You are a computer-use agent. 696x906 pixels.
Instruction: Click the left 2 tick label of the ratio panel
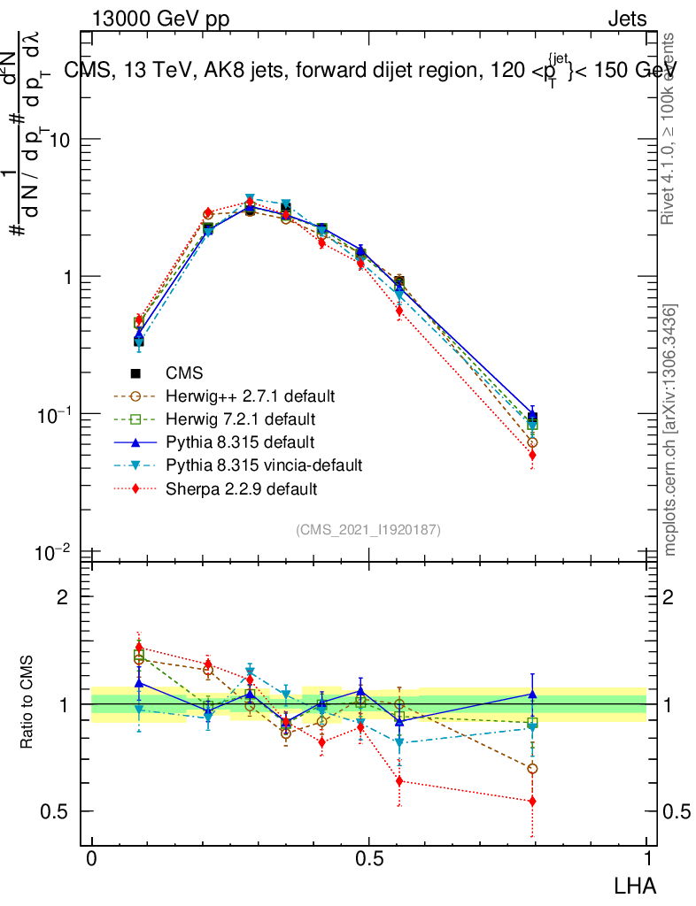click(x=63, y=597)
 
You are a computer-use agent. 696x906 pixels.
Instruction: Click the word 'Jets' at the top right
click(x=627, y=19)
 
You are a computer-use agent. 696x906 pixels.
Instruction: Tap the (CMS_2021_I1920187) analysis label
click(x=368, y=529)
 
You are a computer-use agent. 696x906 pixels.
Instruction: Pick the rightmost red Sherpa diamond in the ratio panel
click(x=532, y=801)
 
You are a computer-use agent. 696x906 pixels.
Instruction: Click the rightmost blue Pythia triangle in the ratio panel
click(x=532, y=695)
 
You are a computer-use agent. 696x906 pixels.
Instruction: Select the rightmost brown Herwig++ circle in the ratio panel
click(x=532, y=768)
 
